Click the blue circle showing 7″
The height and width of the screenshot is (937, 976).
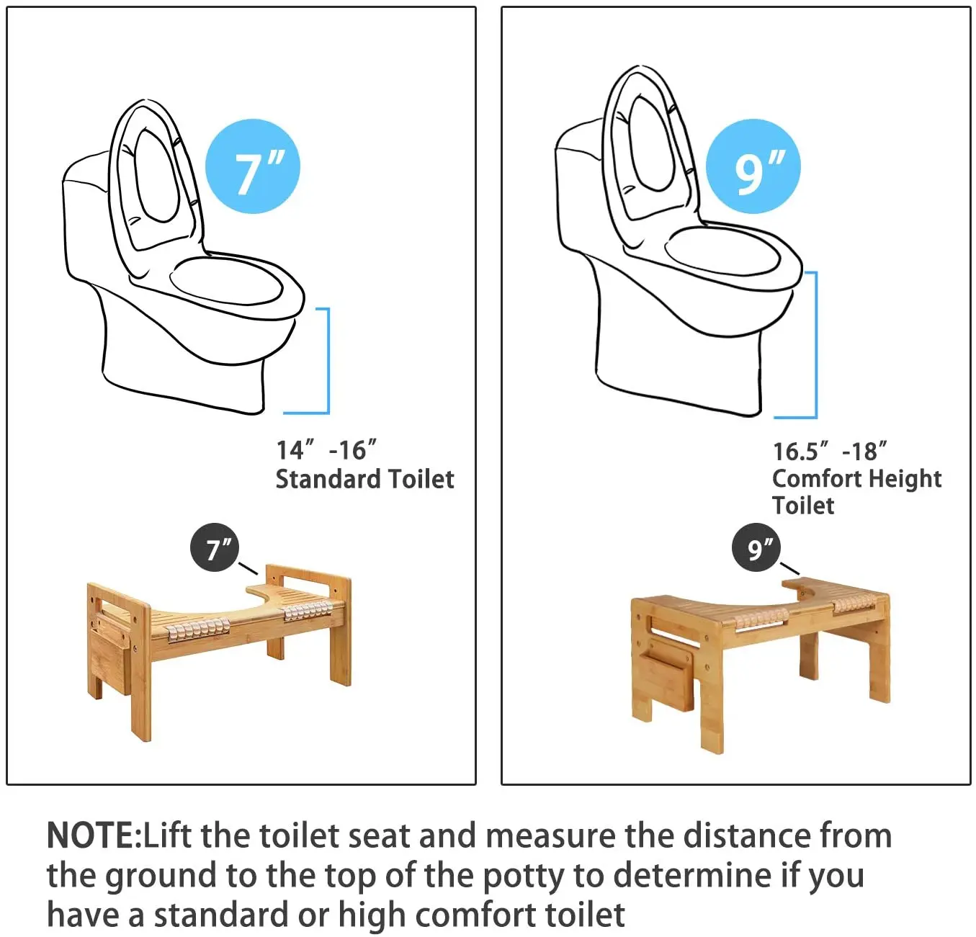253,166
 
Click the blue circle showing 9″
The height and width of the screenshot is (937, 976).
753,166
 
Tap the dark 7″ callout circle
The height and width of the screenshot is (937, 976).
214,548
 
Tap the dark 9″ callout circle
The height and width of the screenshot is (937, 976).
756,548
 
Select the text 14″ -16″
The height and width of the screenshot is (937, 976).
326,450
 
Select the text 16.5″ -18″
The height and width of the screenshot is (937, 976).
830,451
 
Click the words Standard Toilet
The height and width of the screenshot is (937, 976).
364,478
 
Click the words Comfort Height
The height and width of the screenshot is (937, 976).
856,478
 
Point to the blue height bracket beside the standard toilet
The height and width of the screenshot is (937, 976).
328,361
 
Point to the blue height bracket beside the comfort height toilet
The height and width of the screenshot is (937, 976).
816,345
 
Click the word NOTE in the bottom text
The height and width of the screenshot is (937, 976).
91,835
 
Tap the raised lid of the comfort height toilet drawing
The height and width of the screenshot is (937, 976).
650,151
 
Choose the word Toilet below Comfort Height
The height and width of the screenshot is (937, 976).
803,505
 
